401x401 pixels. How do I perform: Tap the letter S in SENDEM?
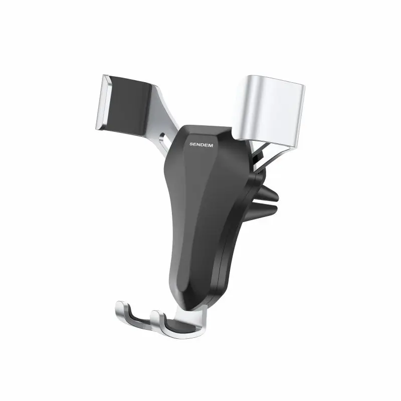click(x=191, y=144)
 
